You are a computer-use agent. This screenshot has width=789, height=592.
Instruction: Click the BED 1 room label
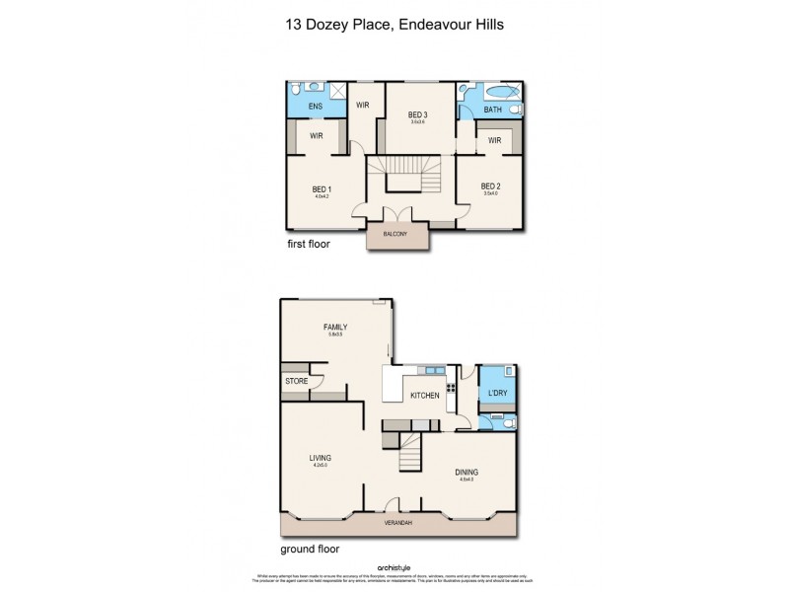321,189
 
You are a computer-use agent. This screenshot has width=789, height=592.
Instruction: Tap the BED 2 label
491,186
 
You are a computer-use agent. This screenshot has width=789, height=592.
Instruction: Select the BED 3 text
417,115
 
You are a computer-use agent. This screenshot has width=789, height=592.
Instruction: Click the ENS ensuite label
316,107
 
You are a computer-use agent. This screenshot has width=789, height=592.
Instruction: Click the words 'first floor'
309,243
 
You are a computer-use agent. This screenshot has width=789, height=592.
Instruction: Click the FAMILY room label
335,328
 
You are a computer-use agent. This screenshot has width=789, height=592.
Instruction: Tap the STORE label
296,381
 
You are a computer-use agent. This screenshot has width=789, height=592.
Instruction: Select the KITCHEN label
425,396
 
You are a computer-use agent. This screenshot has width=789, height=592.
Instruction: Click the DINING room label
466,472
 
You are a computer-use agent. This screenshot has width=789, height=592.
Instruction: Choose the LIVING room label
320,458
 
